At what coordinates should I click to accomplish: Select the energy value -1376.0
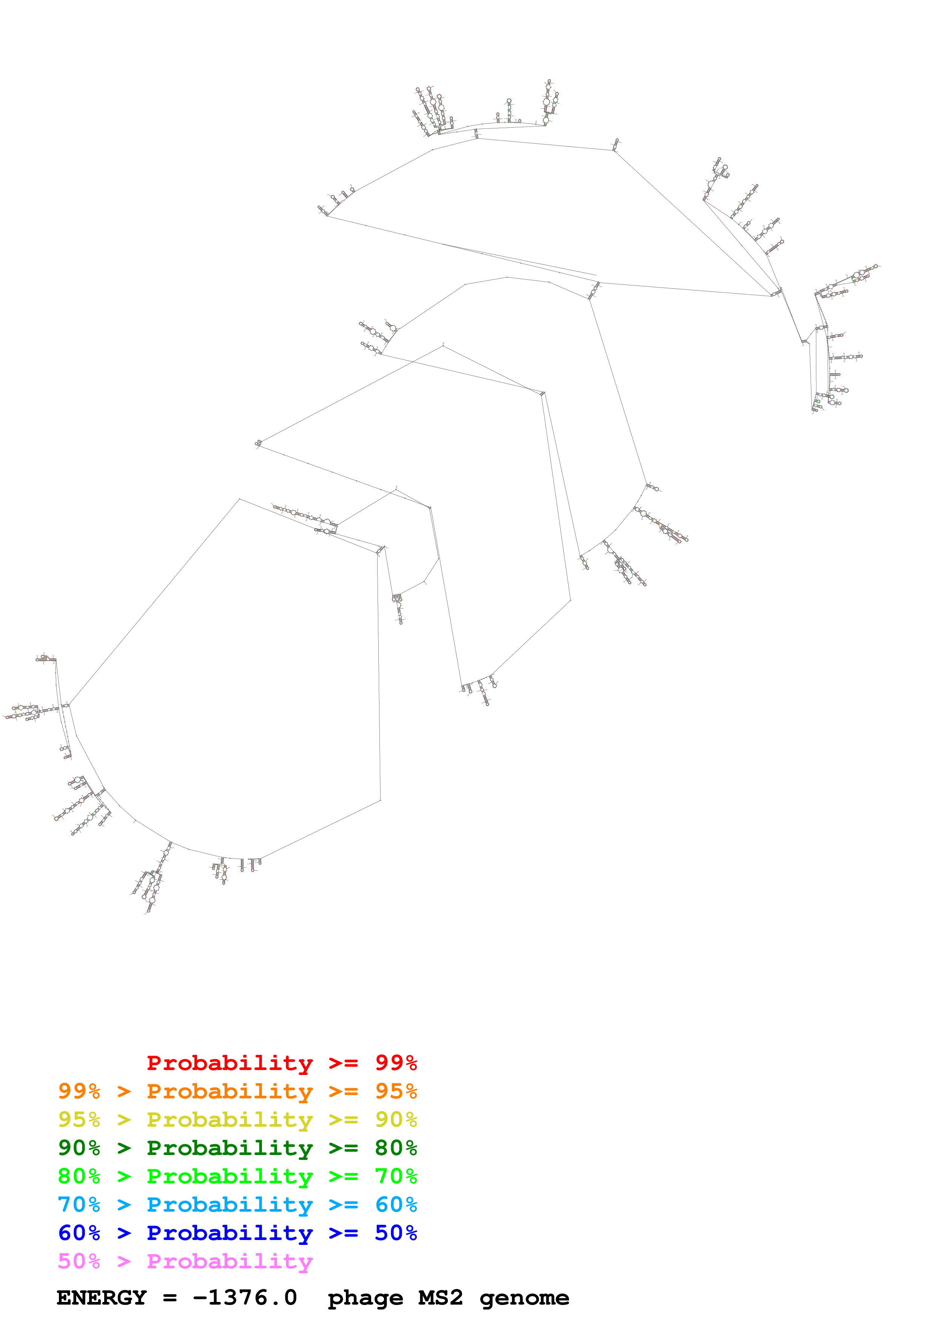(x=245, y=1297)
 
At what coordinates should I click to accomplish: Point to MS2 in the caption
(x=441, y=1297)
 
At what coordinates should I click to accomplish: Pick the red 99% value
(x=396, y=1062)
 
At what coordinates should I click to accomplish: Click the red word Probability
(x=230, y=1063)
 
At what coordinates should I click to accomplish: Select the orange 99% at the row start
(x=79, y=1091)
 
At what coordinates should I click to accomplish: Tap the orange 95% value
(x=396, y=1091)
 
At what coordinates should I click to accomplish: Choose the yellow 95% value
(x=79, y=1120)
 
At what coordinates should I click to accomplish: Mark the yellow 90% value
(x=396, y=1120)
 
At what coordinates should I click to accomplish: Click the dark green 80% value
(x=396, y=1148)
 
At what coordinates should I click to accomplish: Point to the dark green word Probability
(x=230, y=1148)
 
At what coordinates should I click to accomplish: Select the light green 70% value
(x=396, y=1176)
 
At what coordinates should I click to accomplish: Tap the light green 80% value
(x=79, y=1176)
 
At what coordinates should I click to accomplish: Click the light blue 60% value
(x=396, y=1205)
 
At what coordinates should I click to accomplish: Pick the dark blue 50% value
(x=396, y=1233)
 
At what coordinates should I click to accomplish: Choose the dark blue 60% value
(x=79, y=1233)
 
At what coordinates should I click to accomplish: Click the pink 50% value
(x=79, y=1261)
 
